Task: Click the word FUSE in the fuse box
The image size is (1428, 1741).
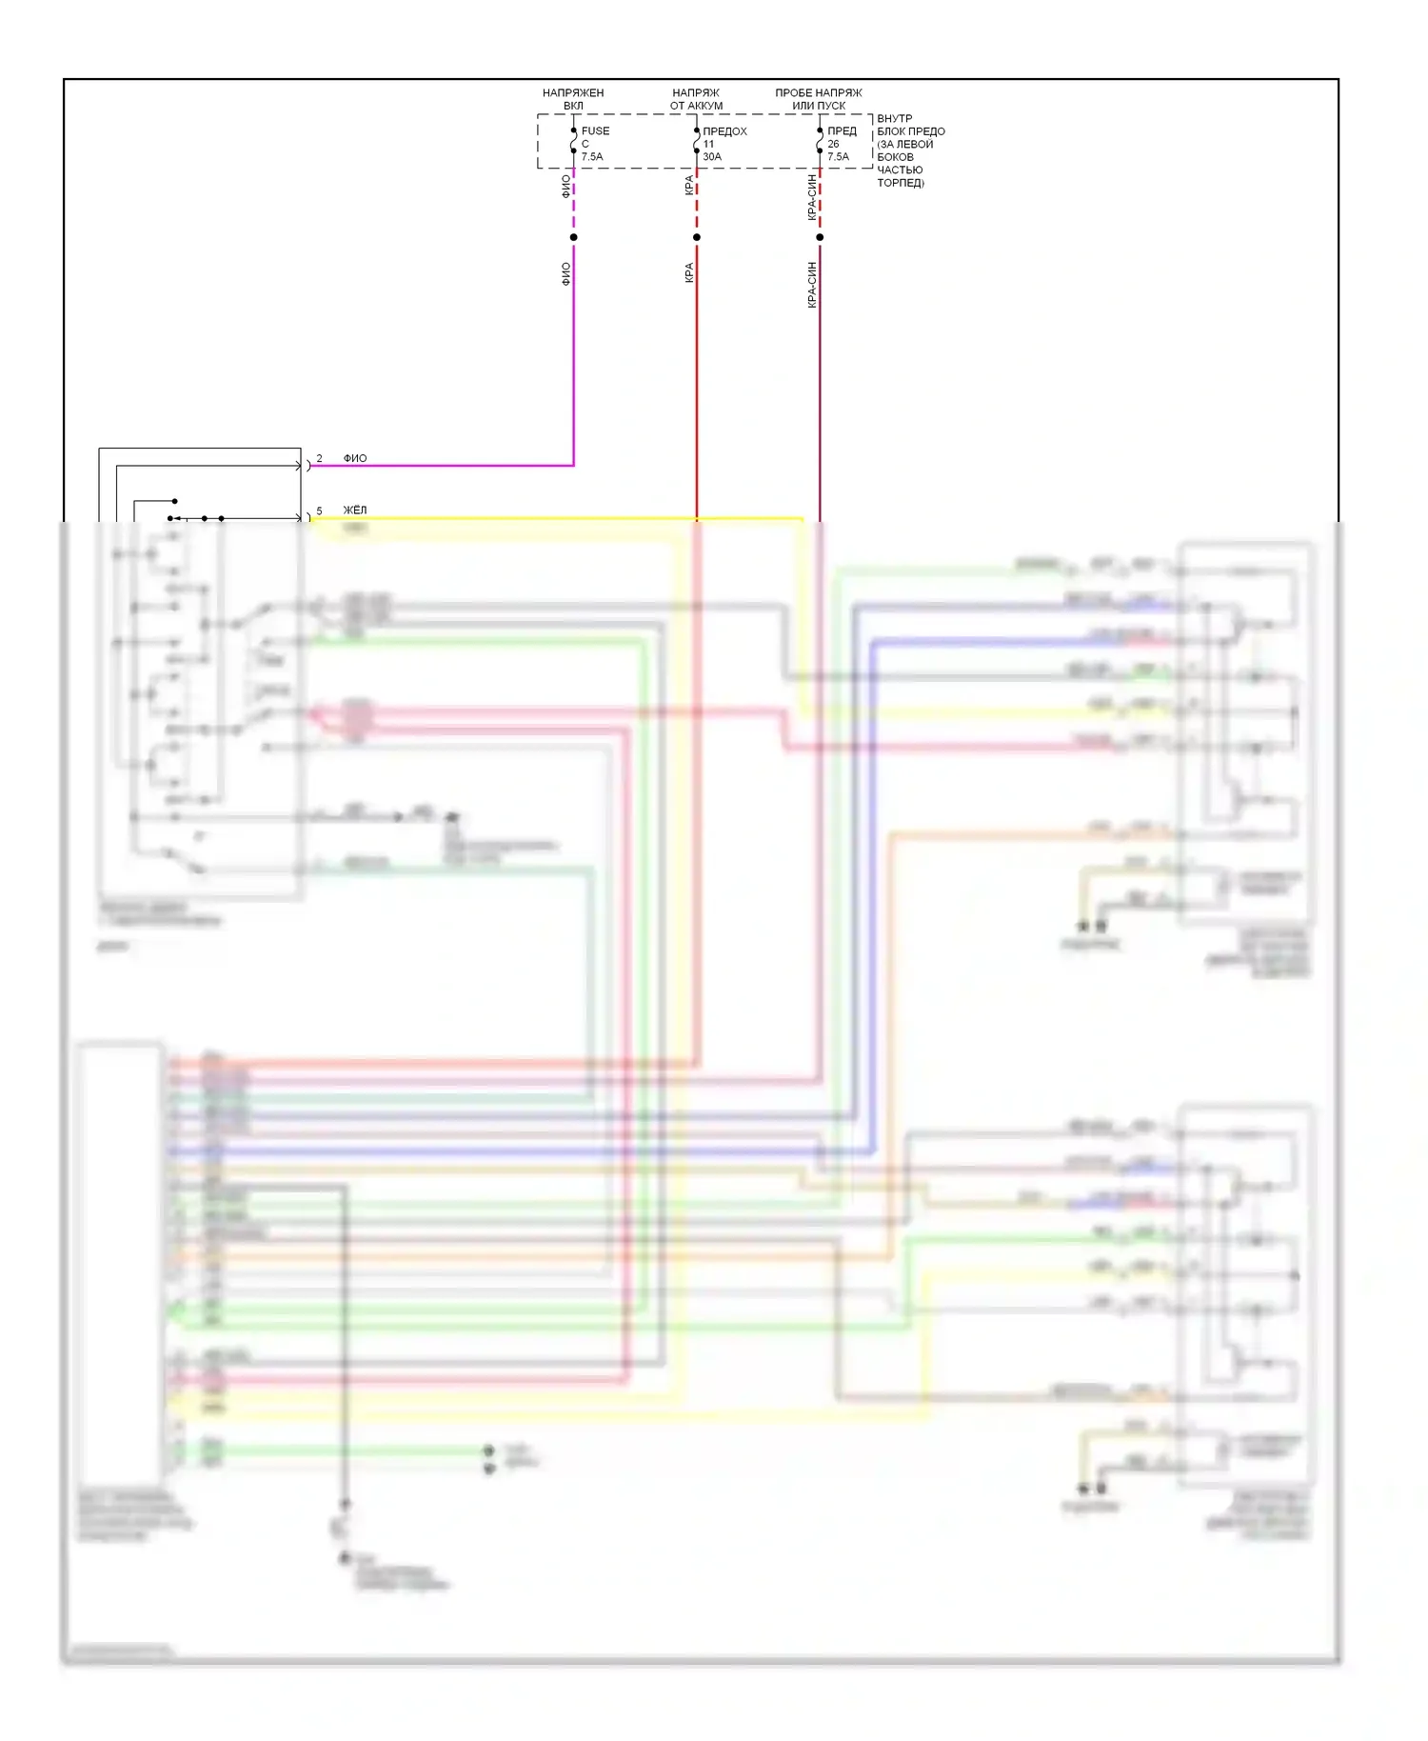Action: [x=595, y=131]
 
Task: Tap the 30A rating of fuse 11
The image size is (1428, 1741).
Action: [x=712, y=157]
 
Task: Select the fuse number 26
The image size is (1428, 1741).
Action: [x=833, y=144]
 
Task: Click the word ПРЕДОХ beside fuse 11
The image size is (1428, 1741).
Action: [x=724, y=131]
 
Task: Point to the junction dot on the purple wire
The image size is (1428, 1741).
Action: [x=573, y=237]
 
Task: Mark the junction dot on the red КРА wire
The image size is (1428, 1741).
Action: [x=697, y=237]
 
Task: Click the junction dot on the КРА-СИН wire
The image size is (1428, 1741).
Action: [x=820, y=237]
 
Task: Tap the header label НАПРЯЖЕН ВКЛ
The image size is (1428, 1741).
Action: [x=573, y=99]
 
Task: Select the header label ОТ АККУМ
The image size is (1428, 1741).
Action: [x=696, y=106]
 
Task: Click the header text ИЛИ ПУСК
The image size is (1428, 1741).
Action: [x=819, y=106]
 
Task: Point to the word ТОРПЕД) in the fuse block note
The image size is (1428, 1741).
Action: [x=901, y=183]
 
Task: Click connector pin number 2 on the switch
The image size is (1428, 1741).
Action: [x=319, y=459]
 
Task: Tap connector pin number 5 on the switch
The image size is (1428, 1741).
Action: [x=319, y=511]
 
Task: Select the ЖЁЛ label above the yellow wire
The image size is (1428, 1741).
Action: [x=355, y=510]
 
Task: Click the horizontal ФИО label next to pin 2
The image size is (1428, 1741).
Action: [x=355, y=459]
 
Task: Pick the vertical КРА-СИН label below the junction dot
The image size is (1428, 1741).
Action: [x=812, y=285]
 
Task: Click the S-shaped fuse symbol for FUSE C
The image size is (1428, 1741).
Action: [x=573, y=143]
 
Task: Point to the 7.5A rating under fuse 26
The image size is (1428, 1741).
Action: [x=838, y=157]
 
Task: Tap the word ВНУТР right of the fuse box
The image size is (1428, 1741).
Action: [x=894, y=119]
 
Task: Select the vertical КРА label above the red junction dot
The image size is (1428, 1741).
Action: [x=689, y=185]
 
